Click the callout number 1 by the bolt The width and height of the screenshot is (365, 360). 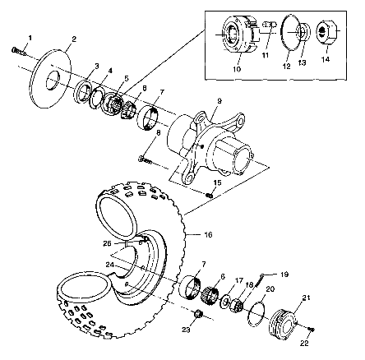(30, 38)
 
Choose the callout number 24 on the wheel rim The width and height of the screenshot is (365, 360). (109, 265)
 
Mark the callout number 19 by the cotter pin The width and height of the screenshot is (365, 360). (263, 274)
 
